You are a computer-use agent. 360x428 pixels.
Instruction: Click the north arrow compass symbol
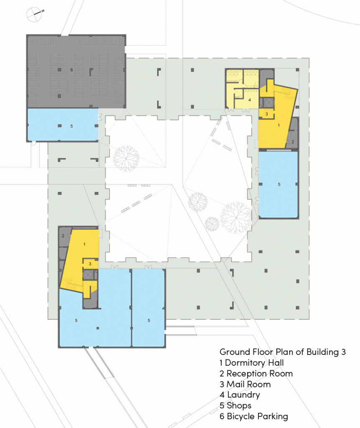click(34, 14)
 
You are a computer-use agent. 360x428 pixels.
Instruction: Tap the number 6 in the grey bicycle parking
click(71, 70)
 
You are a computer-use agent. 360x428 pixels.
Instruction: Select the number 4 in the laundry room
click(249, 100)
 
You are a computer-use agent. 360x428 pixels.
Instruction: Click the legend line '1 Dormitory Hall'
click(252, 363)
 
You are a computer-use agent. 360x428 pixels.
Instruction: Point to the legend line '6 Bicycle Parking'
click(254, 416)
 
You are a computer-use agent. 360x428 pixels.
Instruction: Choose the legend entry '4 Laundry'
click(240, 395)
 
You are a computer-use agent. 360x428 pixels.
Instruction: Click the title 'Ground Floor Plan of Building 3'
click(283, 352)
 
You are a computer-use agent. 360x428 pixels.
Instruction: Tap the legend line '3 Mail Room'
click(245, 384)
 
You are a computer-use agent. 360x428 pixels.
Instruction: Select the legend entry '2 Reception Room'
click(256, 373)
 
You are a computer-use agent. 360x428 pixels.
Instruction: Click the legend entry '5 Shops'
click(235, 405)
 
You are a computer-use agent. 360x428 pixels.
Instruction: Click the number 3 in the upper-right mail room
click(267, 114)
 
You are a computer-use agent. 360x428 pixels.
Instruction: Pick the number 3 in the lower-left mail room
click(90, 264)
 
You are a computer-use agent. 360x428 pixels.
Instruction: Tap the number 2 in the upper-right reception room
click(293, 142)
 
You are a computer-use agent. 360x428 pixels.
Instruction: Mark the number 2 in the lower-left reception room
click(63, 236)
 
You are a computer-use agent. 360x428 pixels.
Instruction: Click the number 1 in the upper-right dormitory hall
click(278, 125)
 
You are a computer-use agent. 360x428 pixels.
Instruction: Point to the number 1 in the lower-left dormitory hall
click(84, 244)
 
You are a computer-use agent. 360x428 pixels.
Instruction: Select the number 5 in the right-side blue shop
click(279, 184)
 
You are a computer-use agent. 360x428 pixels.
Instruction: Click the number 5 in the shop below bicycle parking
click(71, 126)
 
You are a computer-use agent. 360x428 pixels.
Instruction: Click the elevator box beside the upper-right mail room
click(268, 103)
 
